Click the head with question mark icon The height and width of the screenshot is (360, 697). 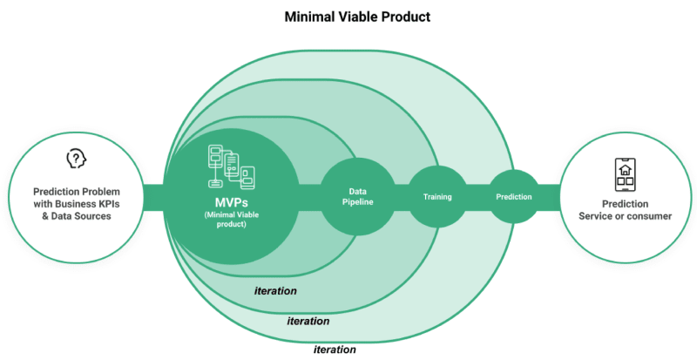pyautogui.click(x=77, y=159)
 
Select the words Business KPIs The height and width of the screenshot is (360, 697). pyautogui.click(x=87, y=204)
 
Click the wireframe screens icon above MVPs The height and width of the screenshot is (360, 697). pyautogui.click(x=231, y=166)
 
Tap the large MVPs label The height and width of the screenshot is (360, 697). pyautogui.click(x=231, y=203)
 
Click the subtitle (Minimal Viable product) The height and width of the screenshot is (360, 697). pyautogui.click(x=231, y=220)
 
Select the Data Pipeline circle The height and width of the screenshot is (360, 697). pyautogui.click(x=358, y=197)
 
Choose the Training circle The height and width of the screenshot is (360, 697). pyautogui.click(x=437, y=197)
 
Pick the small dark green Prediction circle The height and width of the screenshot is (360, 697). pyautogui.click(x=514, y=197)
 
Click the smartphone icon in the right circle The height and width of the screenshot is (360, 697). pyautogui.click(x=625, y=175)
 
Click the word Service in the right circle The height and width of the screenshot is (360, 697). pyautogui.click(x=596, y=216)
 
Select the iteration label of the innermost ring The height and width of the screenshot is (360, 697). pyautogui.click(x=275, y=291)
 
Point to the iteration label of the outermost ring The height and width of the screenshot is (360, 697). pyautogui.click(x=335, y=350)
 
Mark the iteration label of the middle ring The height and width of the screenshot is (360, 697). pyautogui.click(x=308, y=321)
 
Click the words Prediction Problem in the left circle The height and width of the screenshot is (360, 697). pyautogui.click(x=77, y=192)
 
